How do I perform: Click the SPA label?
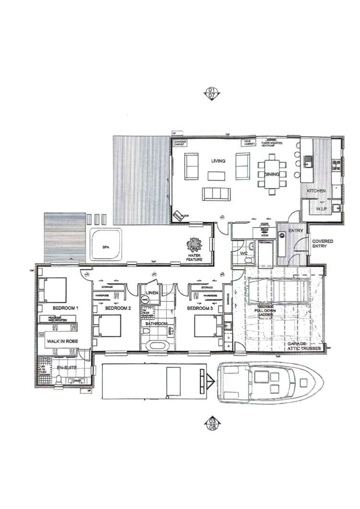coord(106,247)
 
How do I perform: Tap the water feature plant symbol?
coord(194,245)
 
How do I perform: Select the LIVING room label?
coord(218,161)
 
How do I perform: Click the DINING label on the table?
coord(272,174)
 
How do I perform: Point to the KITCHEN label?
coord(316,191)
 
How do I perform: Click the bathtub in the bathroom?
coord(156,345)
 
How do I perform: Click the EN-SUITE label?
coord(67,368)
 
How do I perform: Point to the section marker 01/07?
coord(211,93)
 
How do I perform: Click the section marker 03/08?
coord(211,422)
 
